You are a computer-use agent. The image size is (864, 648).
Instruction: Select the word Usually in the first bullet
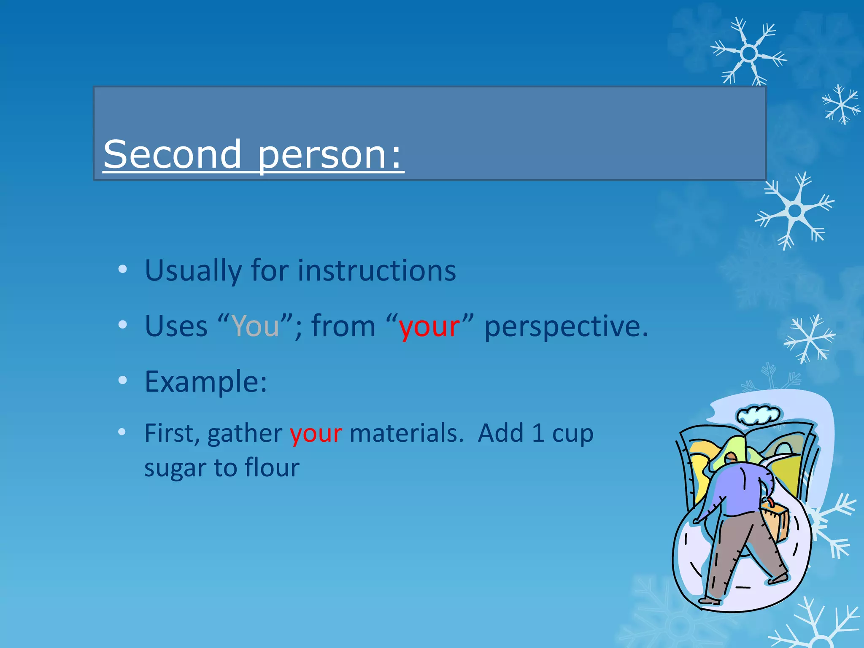193,270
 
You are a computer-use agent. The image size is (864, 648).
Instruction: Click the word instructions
377,270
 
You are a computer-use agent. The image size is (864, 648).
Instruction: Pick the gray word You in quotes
256,326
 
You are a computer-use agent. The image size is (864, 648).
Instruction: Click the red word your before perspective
429,327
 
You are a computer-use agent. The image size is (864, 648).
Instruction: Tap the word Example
205,382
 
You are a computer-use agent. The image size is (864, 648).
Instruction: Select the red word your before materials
316,433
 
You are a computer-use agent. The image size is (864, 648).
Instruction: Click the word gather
245,433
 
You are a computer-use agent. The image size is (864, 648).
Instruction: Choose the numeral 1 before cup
537,433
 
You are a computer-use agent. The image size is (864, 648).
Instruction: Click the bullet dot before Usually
122,269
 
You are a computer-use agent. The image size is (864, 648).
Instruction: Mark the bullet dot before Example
122,381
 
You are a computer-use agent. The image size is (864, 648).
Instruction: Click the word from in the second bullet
343,327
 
